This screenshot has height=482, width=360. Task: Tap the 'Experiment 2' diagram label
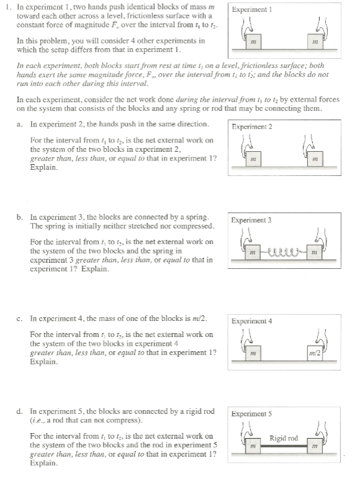pos(252,126)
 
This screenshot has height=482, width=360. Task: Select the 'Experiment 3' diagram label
pos(252,220)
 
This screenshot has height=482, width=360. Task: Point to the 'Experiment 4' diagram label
pos(252,321)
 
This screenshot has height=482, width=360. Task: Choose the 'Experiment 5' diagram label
pos(252,414)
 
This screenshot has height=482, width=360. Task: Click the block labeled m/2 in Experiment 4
pos(315,353)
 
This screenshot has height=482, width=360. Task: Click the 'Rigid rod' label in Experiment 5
pos(284,438)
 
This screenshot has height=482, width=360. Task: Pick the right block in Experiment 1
pos(315,42)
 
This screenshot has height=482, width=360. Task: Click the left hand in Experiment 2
pos(247,144)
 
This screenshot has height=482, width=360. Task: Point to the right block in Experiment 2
pos(315,159)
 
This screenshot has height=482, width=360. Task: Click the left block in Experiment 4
pos(253,353)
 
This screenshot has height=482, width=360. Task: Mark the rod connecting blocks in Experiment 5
pos(284,445)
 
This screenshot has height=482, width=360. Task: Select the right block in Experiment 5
pos(315,445)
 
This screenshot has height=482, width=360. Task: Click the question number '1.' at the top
pos(9,6)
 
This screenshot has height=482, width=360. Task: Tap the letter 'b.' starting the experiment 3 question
pos(20,217)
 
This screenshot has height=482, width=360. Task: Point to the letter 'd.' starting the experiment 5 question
pos(20,411)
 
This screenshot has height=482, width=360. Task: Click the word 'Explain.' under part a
pos(44,168)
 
